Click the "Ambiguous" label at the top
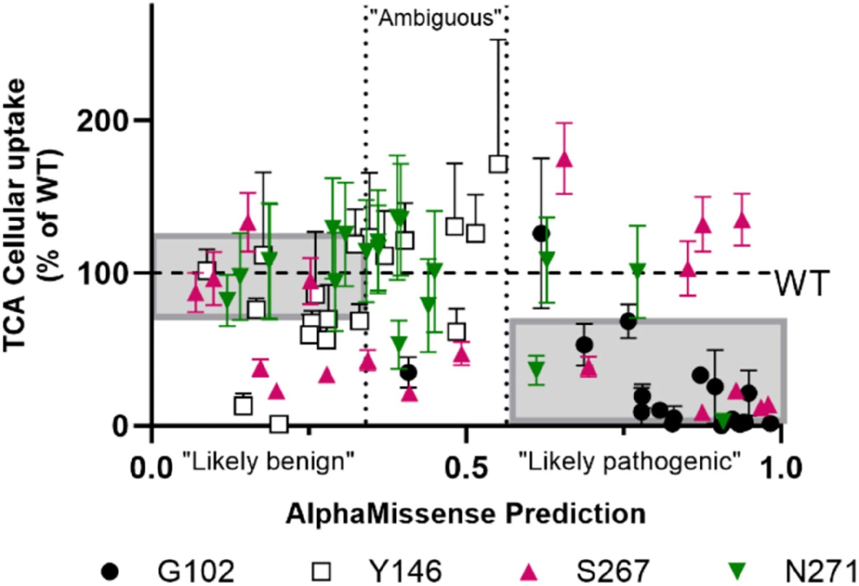[436, 19]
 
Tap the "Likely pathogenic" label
[629, 461]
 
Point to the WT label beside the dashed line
[801, 284]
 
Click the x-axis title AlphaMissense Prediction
[465, 514]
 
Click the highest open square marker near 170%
[498, 164]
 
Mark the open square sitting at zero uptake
[279, 424]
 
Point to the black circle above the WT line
[541, 233]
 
